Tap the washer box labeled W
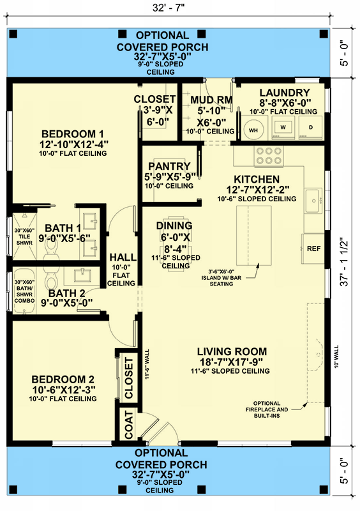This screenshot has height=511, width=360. coord(282,127)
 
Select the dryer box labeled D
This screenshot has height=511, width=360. coord(311,127)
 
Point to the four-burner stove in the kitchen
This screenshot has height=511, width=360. coord(263,155)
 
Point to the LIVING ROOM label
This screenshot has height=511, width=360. coord(232,352)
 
